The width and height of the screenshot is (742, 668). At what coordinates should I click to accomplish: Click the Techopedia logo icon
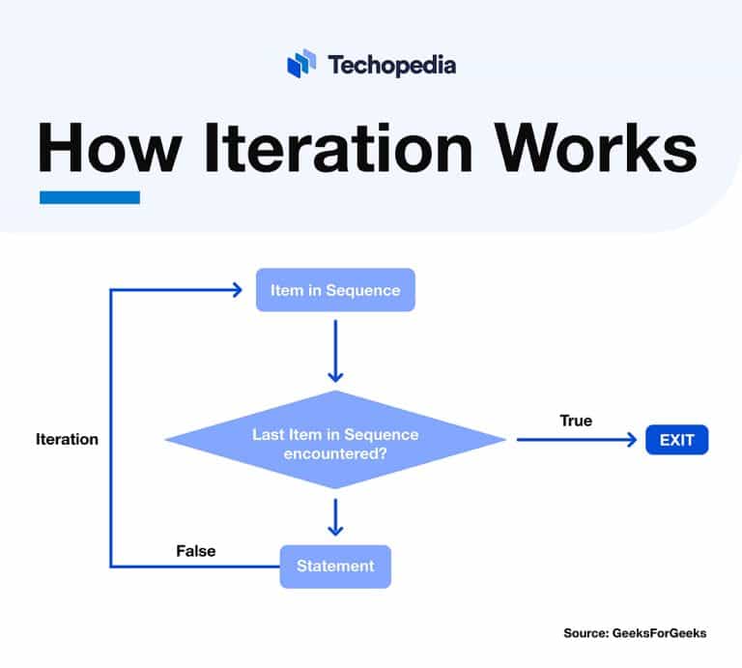(301, 64)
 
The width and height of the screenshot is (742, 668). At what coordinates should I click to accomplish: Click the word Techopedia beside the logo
(391, 65)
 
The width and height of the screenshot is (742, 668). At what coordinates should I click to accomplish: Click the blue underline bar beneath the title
(89, 197)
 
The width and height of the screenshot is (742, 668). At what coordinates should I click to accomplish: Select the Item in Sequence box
(335, 290)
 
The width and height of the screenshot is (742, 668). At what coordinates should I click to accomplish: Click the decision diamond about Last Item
(335, 441)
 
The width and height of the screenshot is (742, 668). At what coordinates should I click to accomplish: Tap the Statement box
(335, 566)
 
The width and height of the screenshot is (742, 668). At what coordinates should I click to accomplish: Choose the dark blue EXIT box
(676, 441)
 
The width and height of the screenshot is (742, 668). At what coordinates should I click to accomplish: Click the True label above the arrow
(576, 421)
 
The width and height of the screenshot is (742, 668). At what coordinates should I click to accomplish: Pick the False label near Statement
(195, 551)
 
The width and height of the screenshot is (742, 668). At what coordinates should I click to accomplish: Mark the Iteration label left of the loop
(67, 439)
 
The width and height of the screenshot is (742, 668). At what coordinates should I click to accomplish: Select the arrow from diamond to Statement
(335, 516)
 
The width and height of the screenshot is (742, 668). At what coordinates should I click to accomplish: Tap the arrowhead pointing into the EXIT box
(634, 441)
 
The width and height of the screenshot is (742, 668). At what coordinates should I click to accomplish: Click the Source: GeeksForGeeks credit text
(635, 633)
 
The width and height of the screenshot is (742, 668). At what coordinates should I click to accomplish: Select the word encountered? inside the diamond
(335, 451)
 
